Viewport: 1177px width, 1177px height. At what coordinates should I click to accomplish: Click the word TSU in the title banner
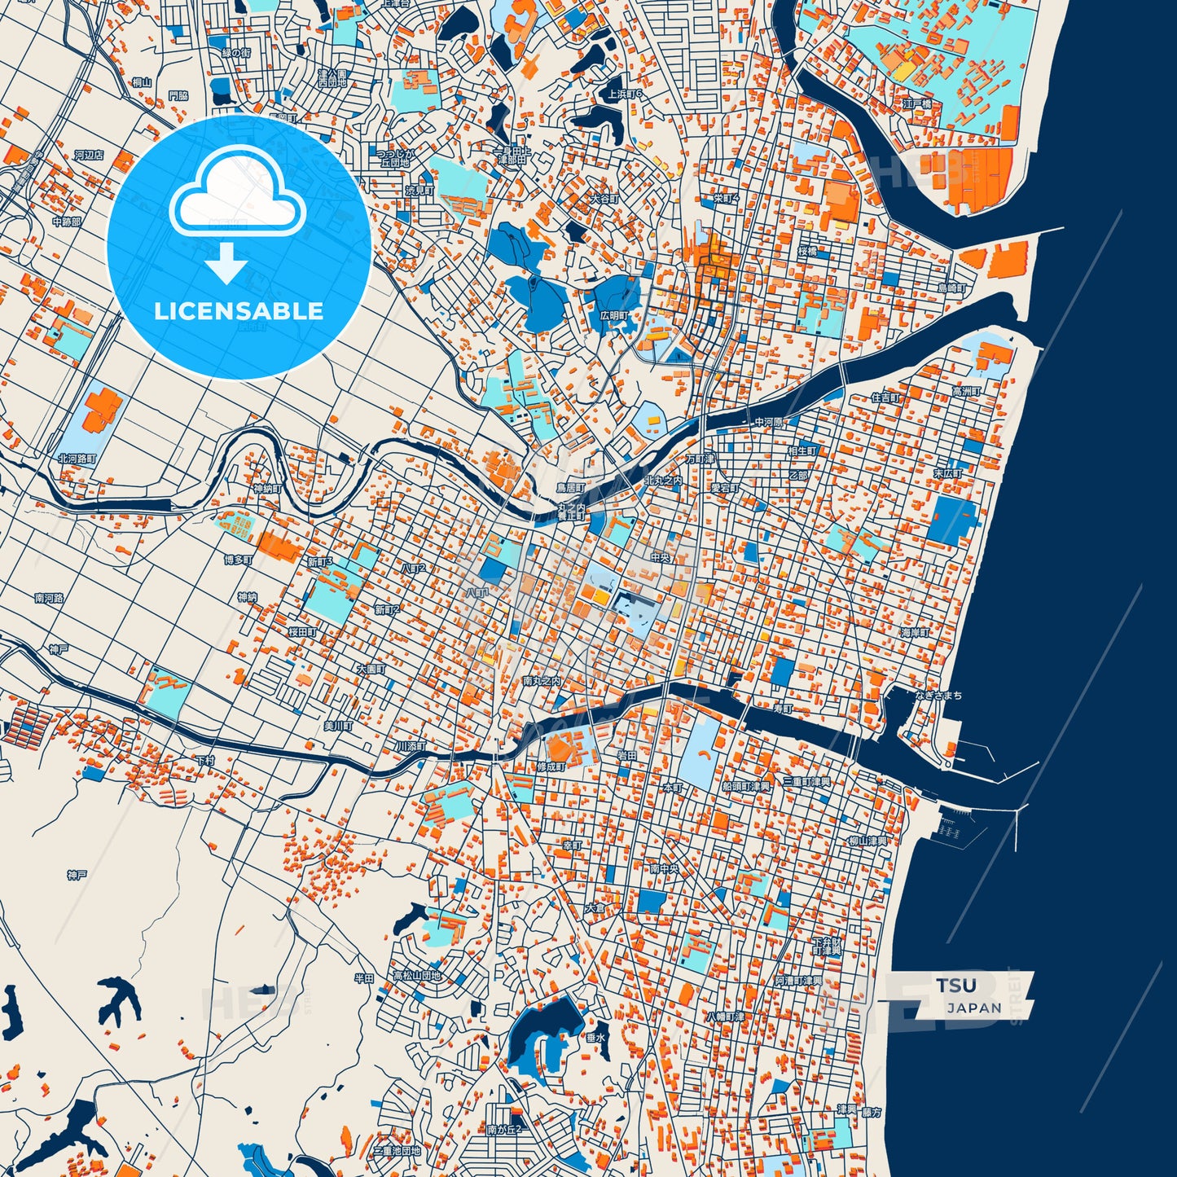coord(955,986)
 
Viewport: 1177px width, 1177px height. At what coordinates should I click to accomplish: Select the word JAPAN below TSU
coord(974,1008)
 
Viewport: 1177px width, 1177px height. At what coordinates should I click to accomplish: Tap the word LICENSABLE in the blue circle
coord(239,311)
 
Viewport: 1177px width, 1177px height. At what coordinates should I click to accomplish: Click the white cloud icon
coord(237,193)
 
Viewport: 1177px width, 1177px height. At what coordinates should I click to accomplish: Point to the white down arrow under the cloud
coord(226,263)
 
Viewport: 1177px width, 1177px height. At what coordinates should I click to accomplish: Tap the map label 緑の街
coord(236,53)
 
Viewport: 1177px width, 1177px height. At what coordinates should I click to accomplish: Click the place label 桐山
coord(141,81)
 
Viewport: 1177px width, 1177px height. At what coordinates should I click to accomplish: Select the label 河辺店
coord(89,155)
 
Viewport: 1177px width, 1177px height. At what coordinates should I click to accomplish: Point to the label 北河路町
coord(77,459)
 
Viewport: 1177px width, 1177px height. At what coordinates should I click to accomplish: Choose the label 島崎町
coord(951,288)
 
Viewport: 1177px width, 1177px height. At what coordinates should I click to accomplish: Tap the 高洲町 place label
coord(967,392)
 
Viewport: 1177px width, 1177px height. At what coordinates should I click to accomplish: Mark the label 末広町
coord(947,473)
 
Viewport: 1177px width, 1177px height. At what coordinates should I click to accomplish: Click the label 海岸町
coord(915,632)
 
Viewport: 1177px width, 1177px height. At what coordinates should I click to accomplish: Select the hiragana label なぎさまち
coord(938,695)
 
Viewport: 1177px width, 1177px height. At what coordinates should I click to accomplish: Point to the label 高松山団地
coord(416,975)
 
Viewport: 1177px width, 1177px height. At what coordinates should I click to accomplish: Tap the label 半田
coord(363,978)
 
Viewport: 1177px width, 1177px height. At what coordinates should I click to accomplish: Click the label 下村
coord(205,760)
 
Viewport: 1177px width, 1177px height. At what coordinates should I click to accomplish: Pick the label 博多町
coord(238,560)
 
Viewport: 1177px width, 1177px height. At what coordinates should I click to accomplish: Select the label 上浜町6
coord(625,94)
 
